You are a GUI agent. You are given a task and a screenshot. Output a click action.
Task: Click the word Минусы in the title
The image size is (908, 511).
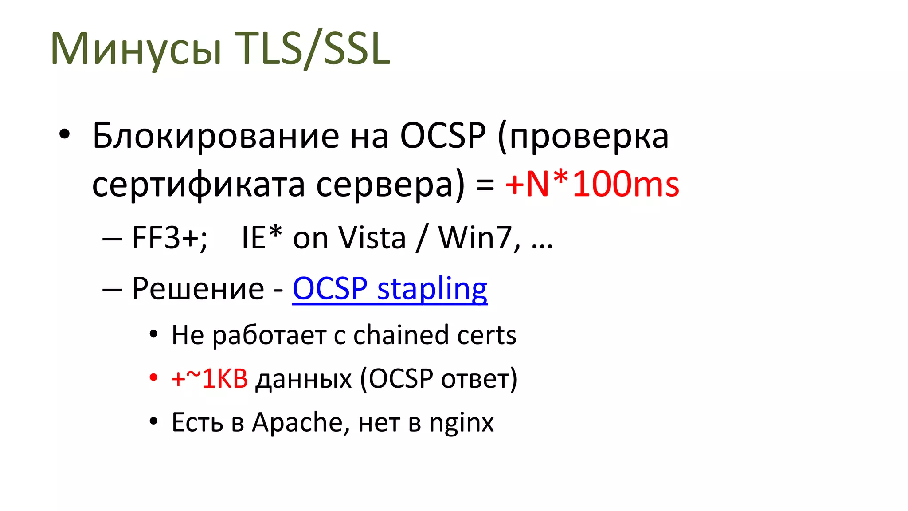136,49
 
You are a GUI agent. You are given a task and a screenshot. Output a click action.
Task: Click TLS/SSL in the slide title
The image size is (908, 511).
312,49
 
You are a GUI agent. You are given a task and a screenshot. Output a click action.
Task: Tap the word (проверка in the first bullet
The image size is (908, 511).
583,137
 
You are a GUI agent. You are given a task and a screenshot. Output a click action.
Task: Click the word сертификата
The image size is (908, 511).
198,185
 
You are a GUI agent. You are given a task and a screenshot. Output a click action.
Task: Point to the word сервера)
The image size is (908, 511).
390,185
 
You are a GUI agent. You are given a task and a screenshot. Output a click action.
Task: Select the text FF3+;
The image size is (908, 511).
169,238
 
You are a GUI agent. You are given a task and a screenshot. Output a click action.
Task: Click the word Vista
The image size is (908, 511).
372,238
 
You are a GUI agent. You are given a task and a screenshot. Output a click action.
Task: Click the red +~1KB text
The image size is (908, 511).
209,379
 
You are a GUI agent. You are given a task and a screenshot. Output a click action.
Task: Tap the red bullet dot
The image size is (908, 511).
153,378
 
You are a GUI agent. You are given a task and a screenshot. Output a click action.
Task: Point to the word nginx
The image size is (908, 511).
461,423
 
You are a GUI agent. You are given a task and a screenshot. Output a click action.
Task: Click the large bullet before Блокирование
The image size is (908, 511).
65,134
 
